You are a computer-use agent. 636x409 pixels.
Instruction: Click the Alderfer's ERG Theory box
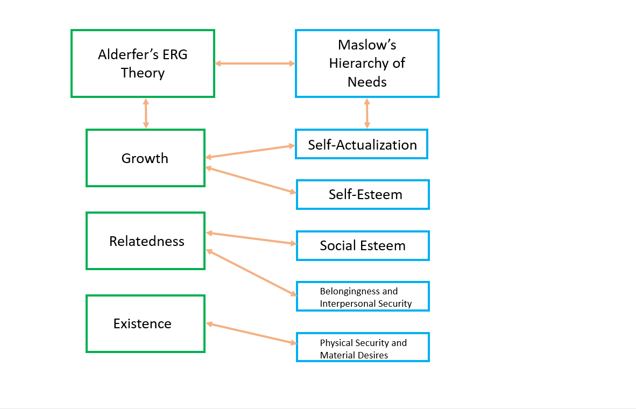143,64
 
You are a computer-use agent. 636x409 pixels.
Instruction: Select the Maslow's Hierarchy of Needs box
367,64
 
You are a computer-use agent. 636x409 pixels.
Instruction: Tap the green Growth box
145,158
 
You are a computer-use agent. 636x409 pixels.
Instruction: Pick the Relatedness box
145,241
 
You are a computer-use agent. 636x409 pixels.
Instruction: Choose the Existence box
145,324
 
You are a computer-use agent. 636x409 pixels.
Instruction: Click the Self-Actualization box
362,144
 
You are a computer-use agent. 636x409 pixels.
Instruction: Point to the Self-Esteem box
363,194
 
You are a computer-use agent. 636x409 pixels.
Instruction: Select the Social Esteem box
363,246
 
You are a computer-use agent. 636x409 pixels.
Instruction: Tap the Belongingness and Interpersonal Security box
363,297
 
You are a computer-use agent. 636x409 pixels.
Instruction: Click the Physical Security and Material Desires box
363,348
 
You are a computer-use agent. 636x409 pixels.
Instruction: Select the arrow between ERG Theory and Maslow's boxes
255,64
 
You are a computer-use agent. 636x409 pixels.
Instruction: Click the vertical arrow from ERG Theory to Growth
146,113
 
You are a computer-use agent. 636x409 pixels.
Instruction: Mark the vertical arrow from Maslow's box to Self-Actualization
367,113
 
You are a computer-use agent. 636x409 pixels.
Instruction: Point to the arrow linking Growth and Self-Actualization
251,151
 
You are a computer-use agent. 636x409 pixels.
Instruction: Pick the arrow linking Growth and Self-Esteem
251,180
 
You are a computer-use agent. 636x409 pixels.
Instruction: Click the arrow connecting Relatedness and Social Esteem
251,238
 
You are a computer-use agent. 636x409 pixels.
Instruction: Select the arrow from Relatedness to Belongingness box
251,272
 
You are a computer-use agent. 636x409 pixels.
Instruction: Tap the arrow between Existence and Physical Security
251,333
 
